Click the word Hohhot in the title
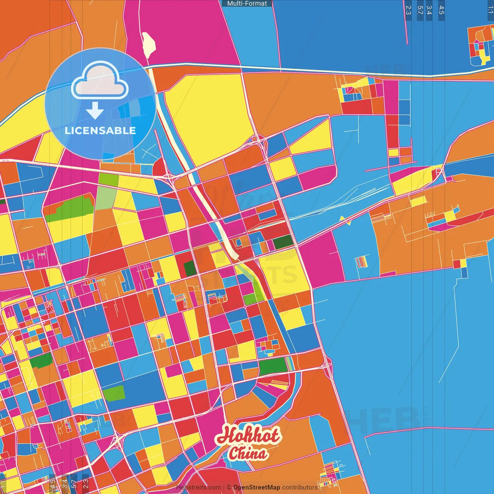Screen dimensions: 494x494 click(x=247, y=435)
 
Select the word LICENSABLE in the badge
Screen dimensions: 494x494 click(x=100, y=130)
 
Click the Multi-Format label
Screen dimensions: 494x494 click(x=247, y=3)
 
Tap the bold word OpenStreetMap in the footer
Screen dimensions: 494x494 click(x=257, y=487)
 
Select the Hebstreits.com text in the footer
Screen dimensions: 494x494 click(x=198, y=487)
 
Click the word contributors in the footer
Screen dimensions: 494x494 click(x=300, y=487)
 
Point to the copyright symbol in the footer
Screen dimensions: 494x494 click(x=228, y=487)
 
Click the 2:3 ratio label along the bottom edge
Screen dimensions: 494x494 click(x=85, y=484)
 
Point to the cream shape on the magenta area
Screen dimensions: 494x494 click(x=149, y=44)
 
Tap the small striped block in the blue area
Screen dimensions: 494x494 click(x=361, y=262)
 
